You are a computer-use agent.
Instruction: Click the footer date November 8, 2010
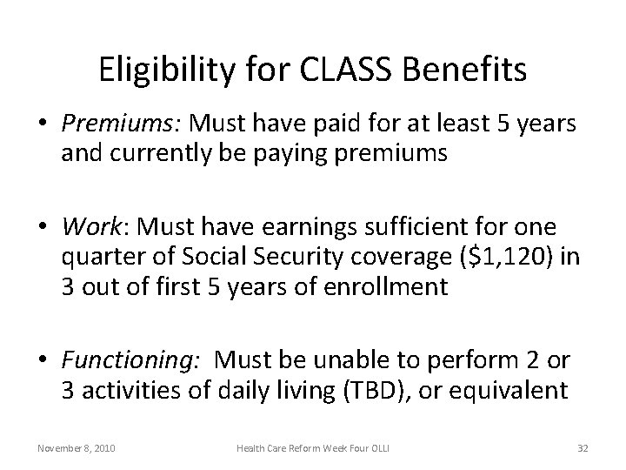tap(75, 447)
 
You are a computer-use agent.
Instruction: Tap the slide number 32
tap(582, 447)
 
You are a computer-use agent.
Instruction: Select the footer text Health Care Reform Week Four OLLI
tap(313, 447)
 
